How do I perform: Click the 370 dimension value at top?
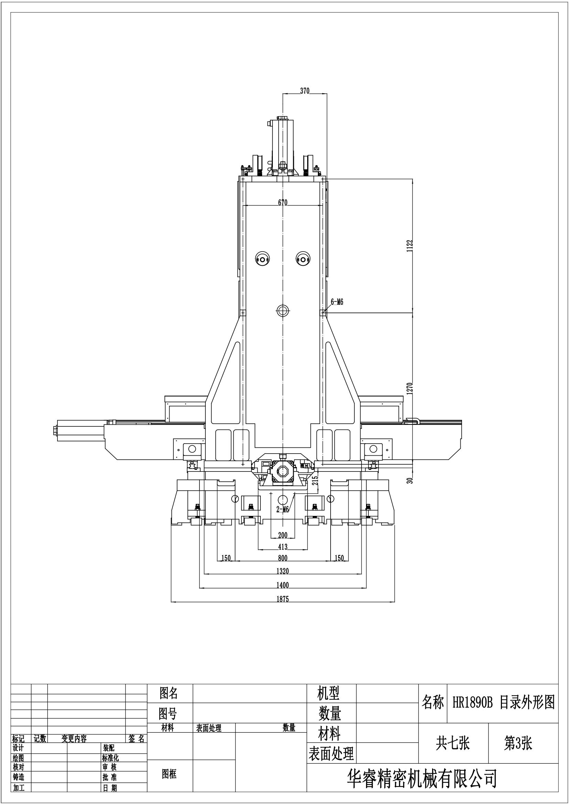304,91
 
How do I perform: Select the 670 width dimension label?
283,202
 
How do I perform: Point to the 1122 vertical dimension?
410,245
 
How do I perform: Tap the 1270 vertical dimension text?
410,389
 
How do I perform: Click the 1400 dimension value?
282,585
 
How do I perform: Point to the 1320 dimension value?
282,571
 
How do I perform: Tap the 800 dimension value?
282,558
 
